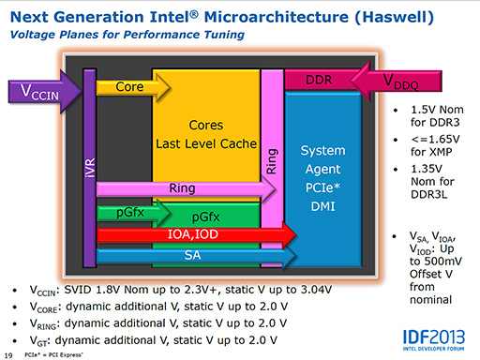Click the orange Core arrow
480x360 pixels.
pos(131,86)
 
